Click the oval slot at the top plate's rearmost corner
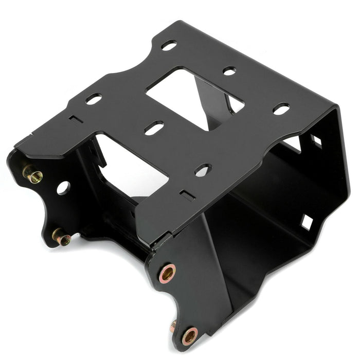point(169,45)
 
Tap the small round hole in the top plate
point(229,70)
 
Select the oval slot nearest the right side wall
point(281,109)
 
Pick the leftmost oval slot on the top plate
point(94,99)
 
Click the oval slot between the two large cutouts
point(154,128)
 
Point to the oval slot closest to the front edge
point(203,170)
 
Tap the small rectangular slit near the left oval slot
point(76,119)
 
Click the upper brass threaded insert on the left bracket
point(33,174)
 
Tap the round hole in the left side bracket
point(63,188)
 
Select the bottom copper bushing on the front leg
point(190,336)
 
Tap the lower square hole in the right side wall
point(307,222)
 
